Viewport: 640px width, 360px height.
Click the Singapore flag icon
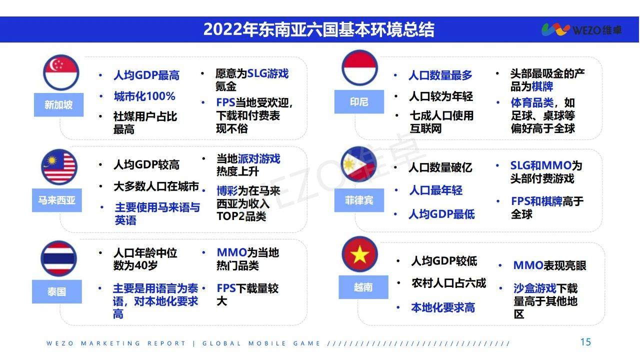tap(61, 72)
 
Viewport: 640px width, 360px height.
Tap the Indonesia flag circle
tap(359, 67)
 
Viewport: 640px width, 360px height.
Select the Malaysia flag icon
tap(59, 166)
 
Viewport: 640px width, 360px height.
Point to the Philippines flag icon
tap(359, 164)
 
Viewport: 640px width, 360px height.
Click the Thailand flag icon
tap(59, 258)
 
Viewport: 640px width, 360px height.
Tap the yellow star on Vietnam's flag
tap(359, 254)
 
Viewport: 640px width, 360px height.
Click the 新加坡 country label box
tap(59, 104)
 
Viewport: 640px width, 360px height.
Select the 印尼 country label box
tap(359, 101)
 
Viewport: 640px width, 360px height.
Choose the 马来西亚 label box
tap(57, 200)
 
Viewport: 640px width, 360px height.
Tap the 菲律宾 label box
tap(359, 200)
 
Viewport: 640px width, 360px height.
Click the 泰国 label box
tap(57, 291)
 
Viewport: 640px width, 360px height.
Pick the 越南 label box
tap(363, 287)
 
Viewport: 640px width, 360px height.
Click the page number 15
tap(585, 342)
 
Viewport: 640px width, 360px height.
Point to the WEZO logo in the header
tap(581, 29)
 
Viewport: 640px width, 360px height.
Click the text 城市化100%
tap(144, 96)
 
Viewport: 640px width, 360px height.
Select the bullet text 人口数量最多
tap(440, 75)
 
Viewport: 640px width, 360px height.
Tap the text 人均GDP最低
tap(441, 214)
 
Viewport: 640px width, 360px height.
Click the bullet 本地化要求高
tap(443, 307)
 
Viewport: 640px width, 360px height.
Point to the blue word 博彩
tap(227, 190)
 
